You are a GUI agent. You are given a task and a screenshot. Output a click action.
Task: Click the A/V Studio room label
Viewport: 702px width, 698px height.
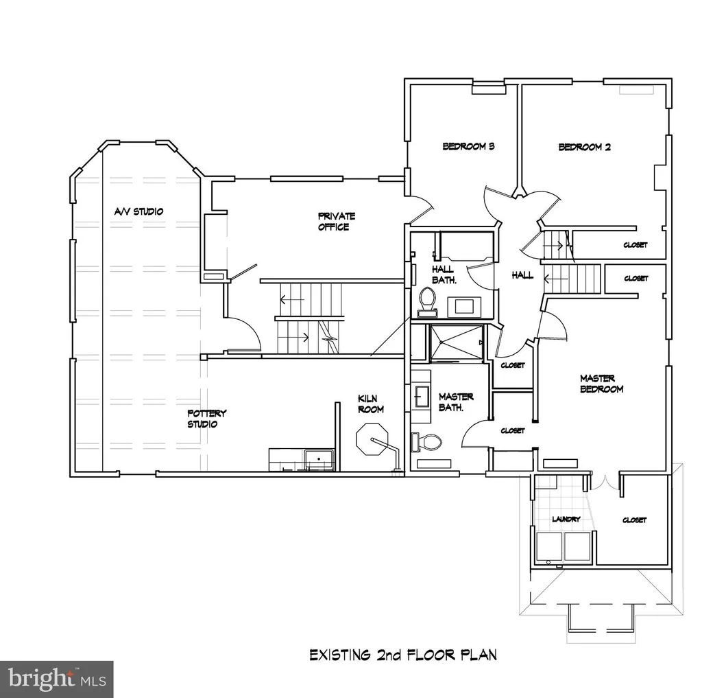(x=138, y=211)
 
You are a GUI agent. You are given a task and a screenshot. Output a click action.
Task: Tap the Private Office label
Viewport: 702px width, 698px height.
(x=336, y=222)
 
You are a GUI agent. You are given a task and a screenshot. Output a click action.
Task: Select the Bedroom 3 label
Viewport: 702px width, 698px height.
(x=468, y=146)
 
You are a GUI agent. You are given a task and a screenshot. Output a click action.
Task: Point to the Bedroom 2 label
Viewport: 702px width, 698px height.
(x=584, y=147)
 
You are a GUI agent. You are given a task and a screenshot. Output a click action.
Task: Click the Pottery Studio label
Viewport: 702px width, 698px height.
(x=206, y=419)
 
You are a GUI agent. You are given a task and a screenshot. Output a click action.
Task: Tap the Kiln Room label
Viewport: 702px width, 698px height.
(x=371, y=404)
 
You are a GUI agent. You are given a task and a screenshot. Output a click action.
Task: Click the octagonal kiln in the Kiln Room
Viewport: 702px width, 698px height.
(x=372, y=441)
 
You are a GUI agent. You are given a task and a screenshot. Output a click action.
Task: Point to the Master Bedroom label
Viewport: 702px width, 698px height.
(x=601, y=384)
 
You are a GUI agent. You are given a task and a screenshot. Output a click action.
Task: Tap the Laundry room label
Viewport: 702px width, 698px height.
(x=566, y=519)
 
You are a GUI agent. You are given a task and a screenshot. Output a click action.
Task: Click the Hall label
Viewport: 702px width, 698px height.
(x=522, y=275)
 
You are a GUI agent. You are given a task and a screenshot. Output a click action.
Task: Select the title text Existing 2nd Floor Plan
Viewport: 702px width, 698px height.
(x=403, y=655)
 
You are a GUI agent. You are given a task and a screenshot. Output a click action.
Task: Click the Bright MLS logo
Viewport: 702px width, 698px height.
(x=56, y=679)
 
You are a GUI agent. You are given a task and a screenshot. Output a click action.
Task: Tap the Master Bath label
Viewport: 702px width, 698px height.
(x=456, y=402)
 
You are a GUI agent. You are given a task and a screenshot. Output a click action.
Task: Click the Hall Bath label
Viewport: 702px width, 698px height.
(x=444, y=275)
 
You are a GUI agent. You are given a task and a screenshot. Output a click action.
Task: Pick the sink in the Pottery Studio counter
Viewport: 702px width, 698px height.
(x=319, y=460)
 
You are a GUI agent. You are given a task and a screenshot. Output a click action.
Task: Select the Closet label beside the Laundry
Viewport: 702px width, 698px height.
(x=634, y=520)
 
